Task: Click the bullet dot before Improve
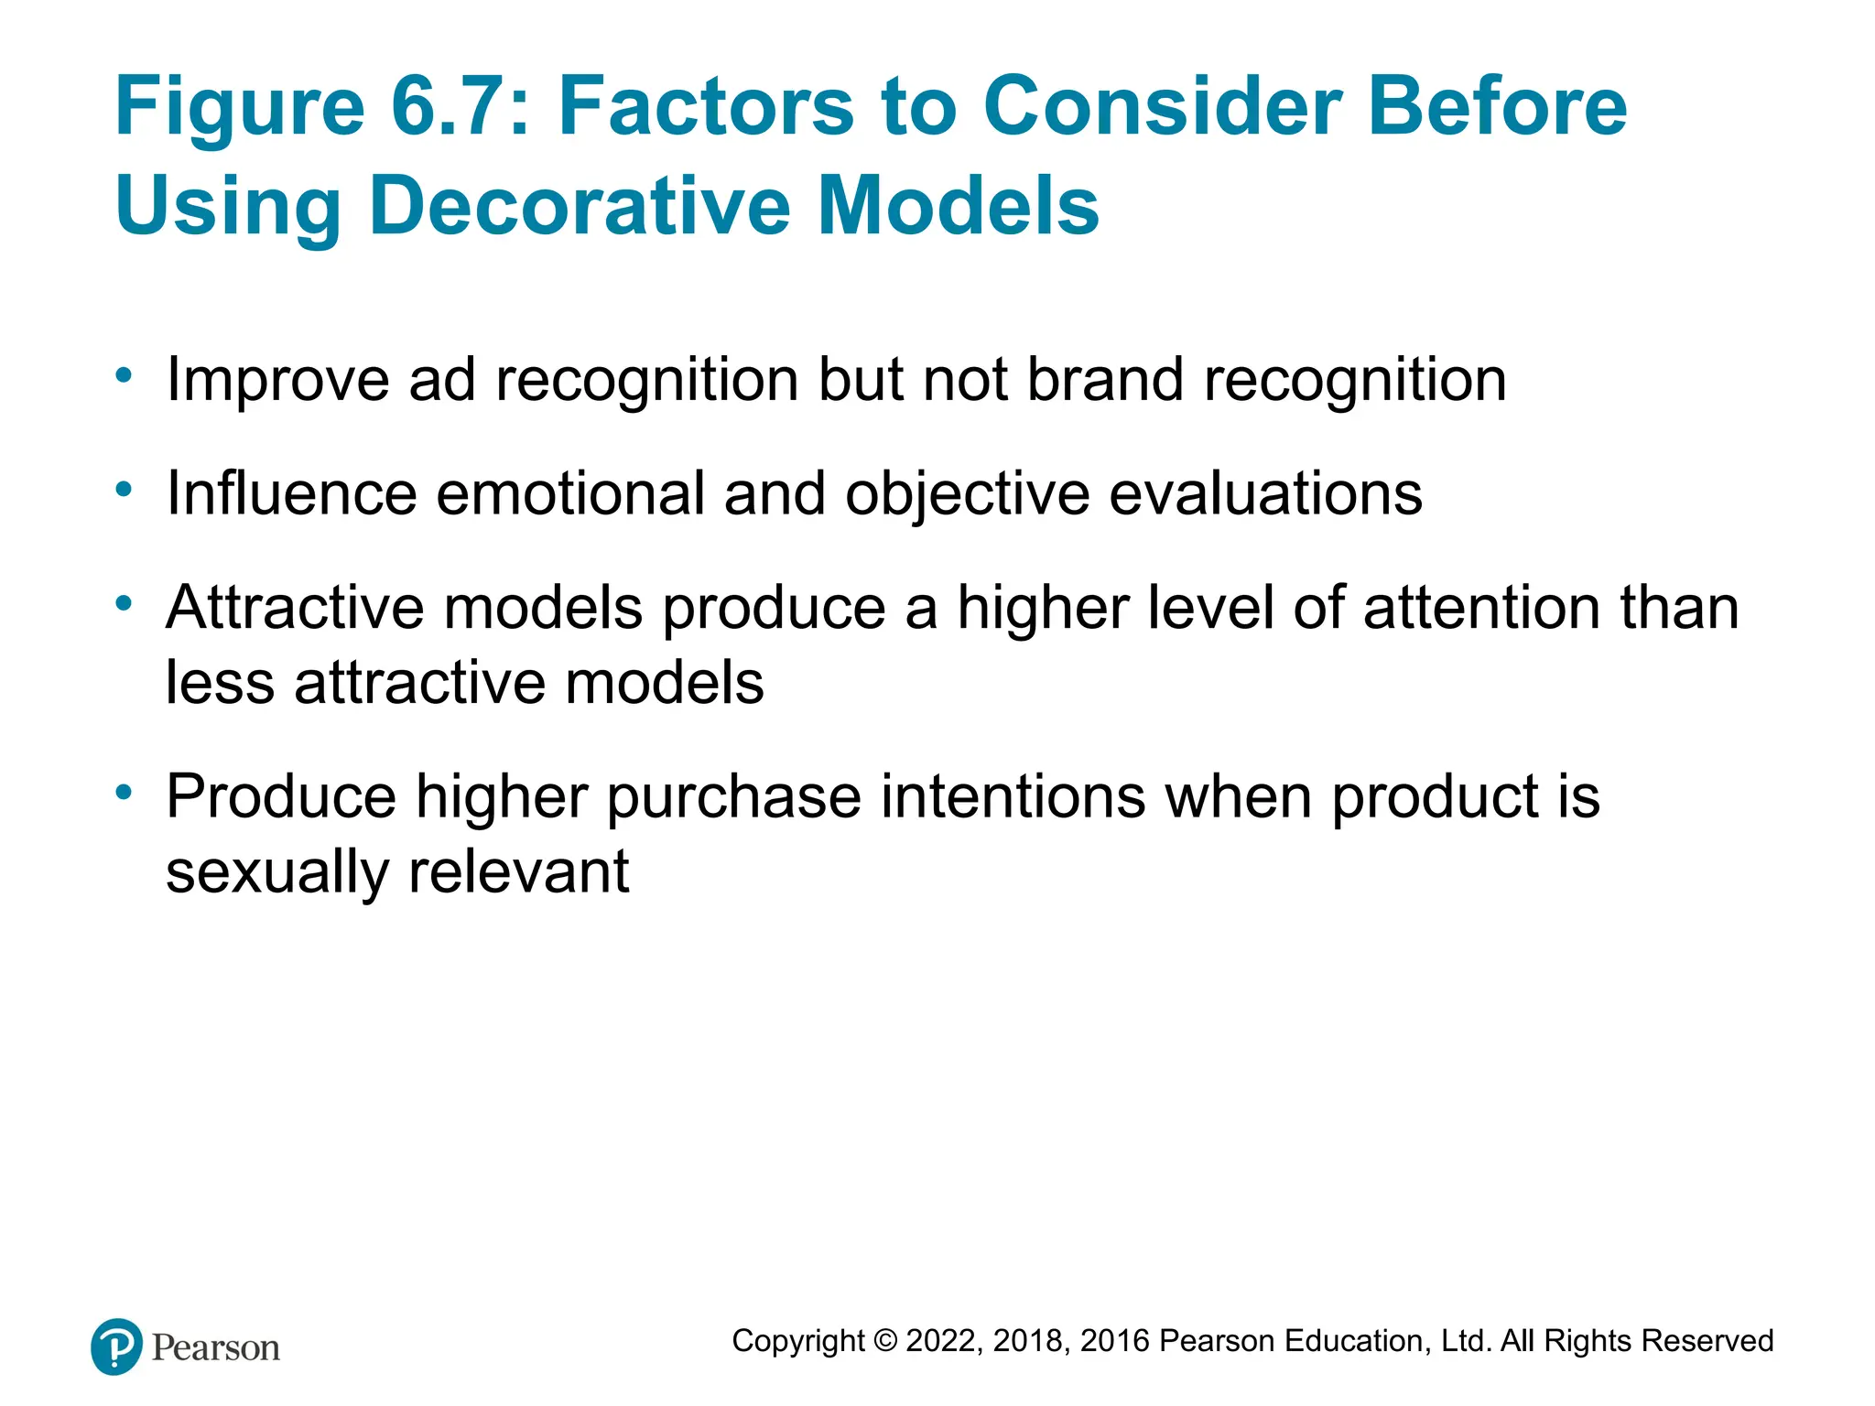(x=124, y=375)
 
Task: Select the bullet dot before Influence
(x=124, y=490)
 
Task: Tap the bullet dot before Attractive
(x=124, y=603)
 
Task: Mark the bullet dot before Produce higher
(x=124, y=792)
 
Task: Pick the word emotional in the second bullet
(x=569, y=493)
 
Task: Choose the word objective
(x=967, y=495)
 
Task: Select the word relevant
(x=518, y=871)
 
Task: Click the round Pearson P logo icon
(x=116, y=1347)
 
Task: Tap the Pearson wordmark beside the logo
(x=216, y=1348)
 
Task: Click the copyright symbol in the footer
(x=885, y=1341)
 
